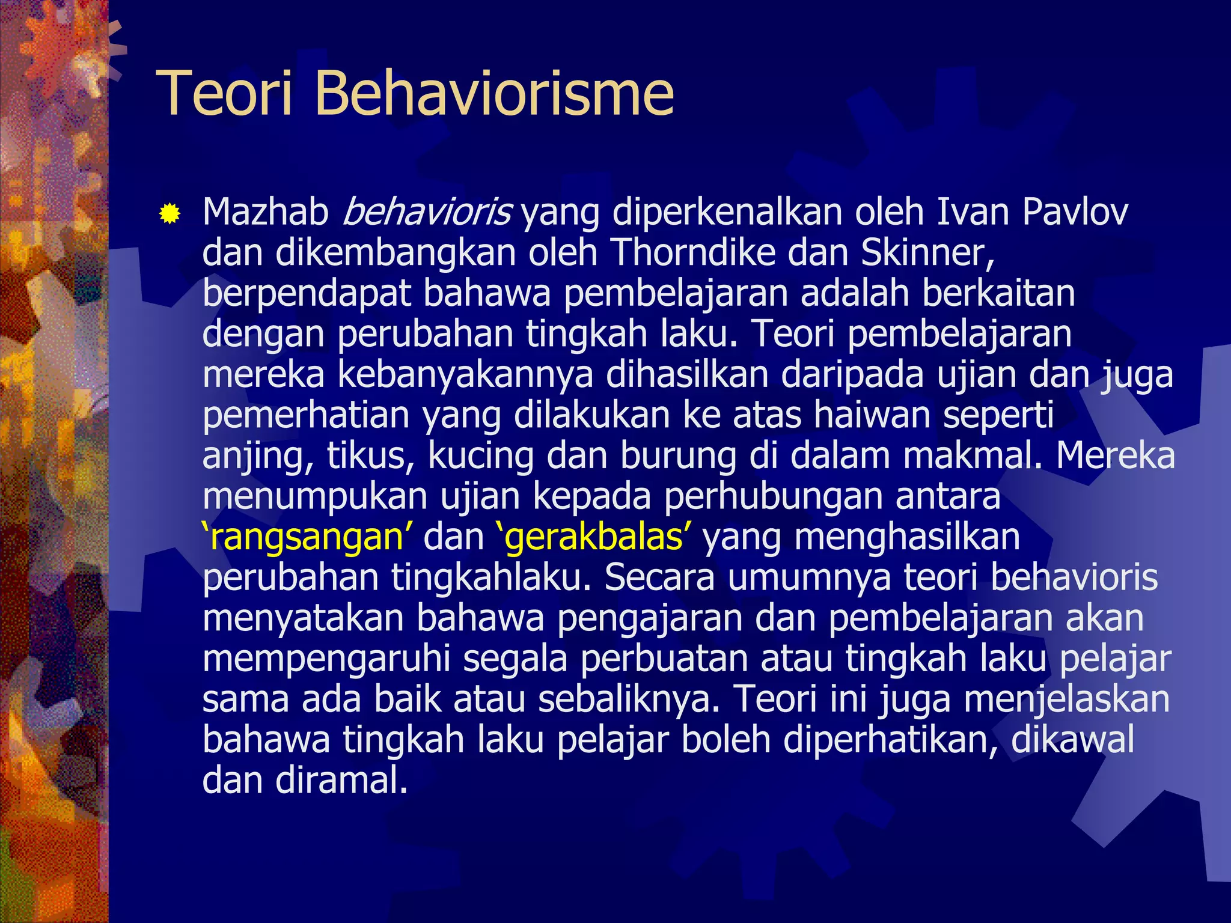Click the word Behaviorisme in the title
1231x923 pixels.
tap(493, 94)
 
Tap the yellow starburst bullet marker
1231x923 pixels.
tap(170, 213)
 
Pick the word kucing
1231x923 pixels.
tap(480, 457)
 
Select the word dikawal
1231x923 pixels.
tap(1072, 740)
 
